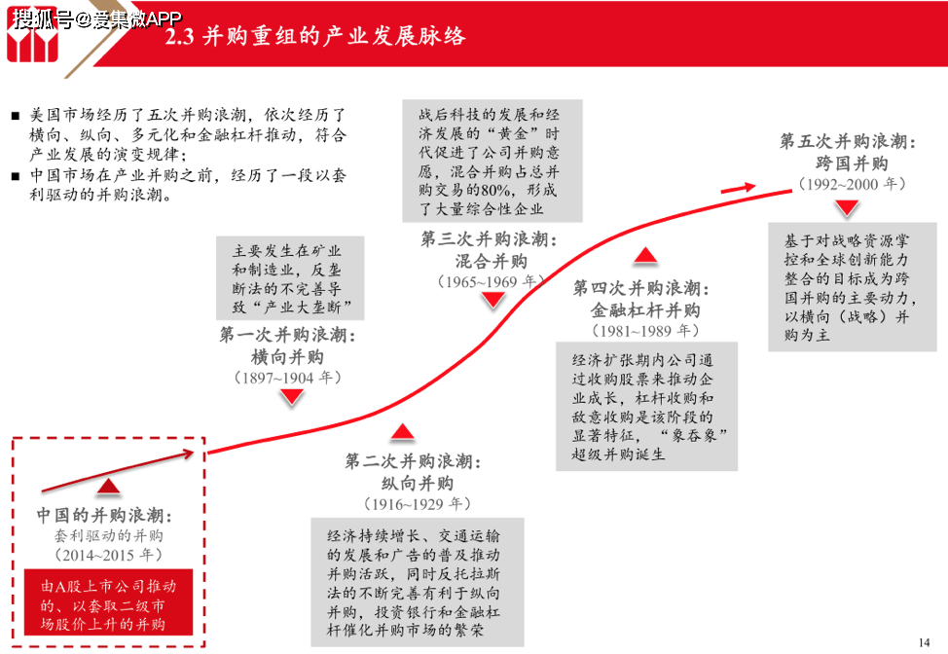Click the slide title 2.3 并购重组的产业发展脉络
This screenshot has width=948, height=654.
point(315,36)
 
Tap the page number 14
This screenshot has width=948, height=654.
point(924,642)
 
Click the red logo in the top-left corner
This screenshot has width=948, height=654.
point(33,35)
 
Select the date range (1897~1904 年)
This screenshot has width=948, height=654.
point(288,379)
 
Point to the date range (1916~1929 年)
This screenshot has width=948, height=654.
point(418,504)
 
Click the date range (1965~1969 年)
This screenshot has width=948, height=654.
point(491,281)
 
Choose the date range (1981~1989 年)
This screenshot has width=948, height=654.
point(645,331)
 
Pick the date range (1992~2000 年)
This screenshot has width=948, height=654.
point(852,184)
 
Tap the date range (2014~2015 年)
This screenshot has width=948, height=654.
point(108,555)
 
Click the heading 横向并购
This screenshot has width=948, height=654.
point(287,357)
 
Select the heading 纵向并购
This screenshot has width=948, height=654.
point(418,483)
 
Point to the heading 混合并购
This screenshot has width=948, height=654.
point(491,261)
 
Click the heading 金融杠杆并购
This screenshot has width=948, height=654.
point(645,310)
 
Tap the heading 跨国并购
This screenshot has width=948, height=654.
point(852,163)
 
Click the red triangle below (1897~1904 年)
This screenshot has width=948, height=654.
point(292,396)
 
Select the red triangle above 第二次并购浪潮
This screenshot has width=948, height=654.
point(403,431)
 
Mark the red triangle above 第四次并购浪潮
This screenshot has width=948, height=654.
point(645,255)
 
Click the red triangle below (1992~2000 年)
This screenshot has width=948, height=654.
point(847,208)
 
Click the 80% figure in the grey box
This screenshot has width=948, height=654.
point(495,191)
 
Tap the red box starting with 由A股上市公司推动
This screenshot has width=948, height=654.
point(108,602)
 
